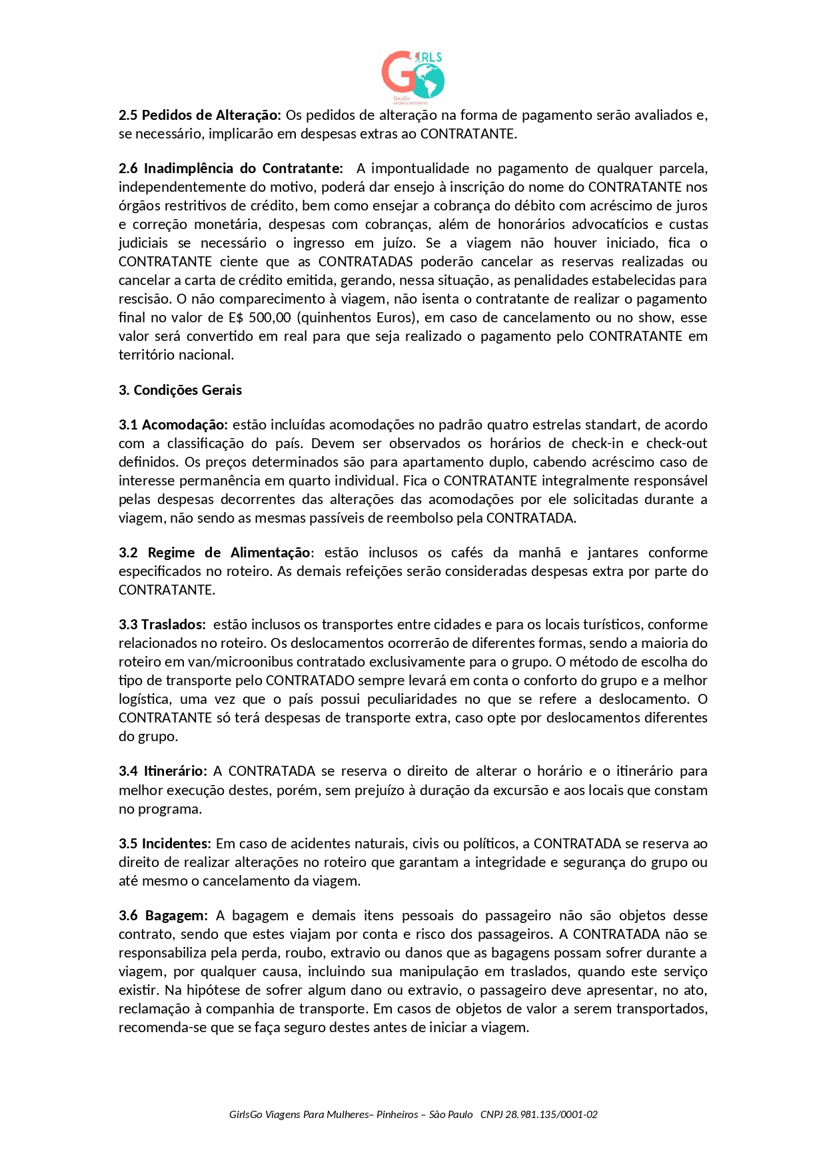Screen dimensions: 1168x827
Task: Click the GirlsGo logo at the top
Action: [x=413, y=77]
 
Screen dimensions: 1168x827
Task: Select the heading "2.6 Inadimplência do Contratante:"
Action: [x=231, y=168]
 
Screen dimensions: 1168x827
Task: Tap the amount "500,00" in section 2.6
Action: [x=270, y=318]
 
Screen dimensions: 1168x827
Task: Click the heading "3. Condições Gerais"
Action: [x=180, y=390]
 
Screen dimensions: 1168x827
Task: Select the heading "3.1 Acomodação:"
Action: [x=173, y=425]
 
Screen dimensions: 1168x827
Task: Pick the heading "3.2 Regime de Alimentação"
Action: [x=215, y=553]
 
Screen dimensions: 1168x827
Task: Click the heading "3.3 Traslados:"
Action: [x=163, y=625]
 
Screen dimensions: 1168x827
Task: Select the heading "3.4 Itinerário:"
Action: [x=163, y=771]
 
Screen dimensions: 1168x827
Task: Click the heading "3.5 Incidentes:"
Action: [x=165, y=844]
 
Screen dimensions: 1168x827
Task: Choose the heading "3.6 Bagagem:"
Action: [x=163, y=916]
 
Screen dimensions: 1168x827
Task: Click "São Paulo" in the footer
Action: [x=450, y=1115]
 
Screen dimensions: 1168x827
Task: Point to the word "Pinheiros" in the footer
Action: [x=397, y=1115]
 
